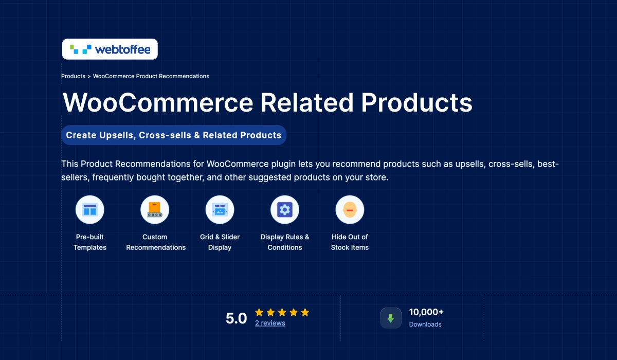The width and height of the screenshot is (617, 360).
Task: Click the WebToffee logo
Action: [x=110, y=49]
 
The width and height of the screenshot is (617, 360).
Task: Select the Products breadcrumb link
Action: [x=73, y=76]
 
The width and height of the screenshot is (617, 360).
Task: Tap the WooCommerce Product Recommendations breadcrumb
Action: [x=151, y=76]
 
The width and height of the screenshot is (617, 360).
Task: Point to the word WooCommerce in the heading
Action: [x=157, y=102]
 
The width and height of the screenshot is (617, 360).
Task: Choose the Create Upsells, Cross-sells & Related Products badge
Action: [x=174, y=135]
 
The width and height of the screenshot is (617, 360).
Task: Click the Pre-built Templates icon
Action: [x=90, y=210]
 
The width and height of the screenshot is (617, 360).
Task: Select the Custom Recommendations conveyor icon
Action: [x=155, y=210]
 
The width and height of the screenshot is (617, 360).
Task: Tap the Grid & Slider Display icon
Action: [x=220, y=210]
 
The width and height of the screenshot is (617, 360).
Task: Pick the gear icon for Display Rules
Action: [x=285, y=210]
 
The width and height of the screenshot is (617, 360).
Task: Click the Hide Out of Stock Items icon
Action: [x=350, y=210]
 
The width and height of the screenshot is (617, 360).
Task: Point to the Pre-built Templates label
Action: [x=90, y=242]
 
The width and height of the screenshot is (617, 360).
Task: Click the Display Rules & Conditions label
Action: [x=285, y=242]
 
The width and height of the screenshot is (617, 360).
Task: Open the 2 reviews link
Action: [x=270, y=323]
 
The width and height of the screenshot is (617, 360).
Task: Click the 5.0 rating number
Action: [x=237, y=318]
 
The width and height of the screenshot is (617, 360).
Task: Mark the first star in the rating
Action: [x=259, y=312]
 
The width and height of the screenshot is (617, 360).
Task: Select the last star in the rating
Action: [x=305, y=312]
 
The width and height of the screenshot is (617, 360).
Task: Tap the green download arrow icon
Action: [x=391, y=318]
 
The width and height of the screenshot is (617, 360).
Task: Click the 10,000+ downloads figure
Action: [x=426, y=312]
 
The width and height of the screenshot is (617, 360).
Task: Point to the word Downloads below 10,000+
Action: [x=425, y=325]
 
